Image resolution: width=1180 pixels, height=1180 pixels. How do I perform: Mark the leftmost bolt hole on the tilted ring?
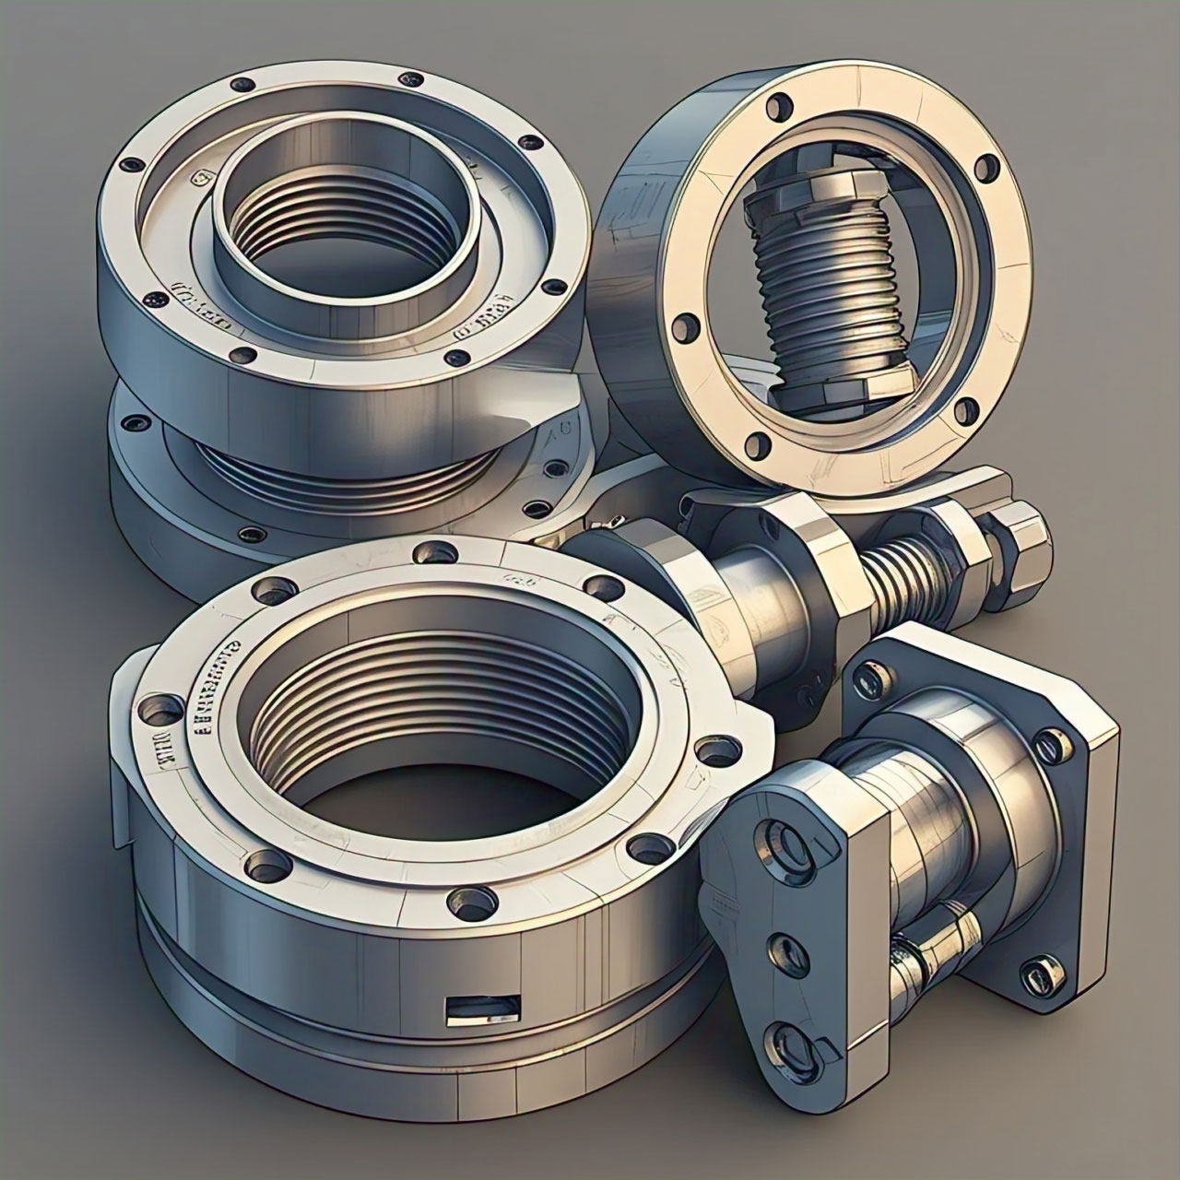[x=683, y=326]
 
